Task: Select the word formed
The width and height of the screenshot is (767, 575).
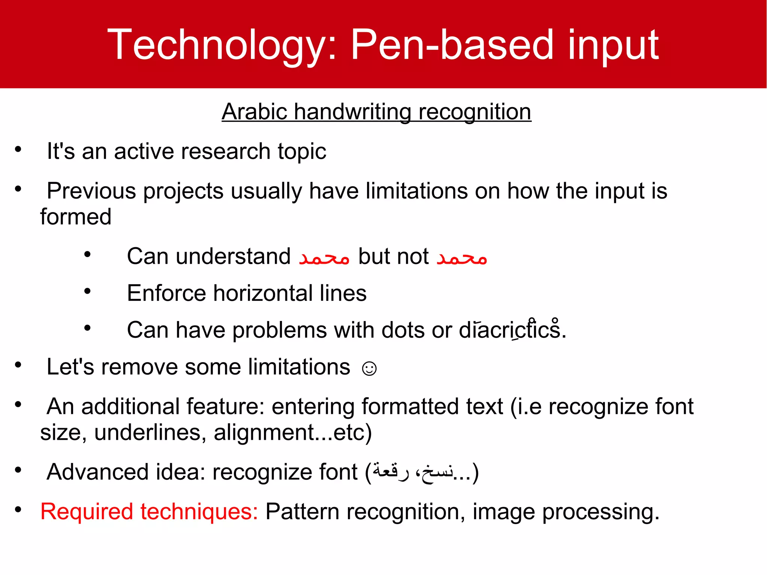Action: [76, 217]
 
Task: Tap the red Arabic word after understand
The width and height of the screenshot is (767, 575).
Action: [324, 257]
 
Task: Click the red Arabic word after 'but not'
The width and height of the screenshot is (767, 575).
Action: [461, 257]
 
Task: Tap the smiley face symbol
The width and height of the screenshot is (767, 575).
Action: [369, 368]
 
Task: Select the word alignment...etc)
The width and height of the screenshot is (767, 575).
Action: [292, 433]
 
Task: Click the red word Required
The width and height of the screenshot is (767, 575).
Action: [87, 512]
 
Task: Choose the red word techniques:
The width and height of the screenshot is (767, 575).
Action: [199, 512]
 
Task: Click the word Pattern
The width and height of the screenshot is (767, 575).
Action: [302, 512]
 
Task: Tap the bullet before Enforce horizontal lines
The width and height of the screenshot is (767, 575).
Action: [87, 291]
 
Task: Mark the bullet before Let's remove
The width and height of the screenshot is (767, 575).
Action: [18, 365]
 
